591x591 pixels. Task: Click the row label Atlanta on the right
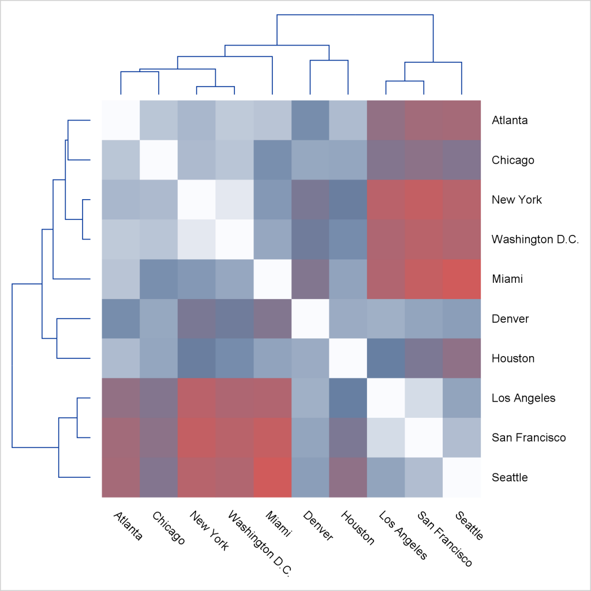coord(510,121)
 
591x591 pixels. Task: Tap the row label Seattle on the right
coord(510,477)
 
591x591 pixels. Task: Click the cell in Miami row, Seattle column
coord(461,279)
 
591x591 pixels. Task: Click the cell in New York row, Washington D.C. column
coord(234,200)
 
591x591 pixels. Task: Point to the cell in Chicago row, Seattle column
coord(461,160)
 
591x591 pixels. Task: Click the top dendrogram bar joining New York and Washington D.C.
coord(215,87)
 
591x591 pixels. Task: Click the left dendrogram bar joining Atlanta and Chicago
coord(68,140)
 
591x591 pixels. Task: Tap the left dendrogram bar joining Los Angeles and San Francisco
coord(78,417)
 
